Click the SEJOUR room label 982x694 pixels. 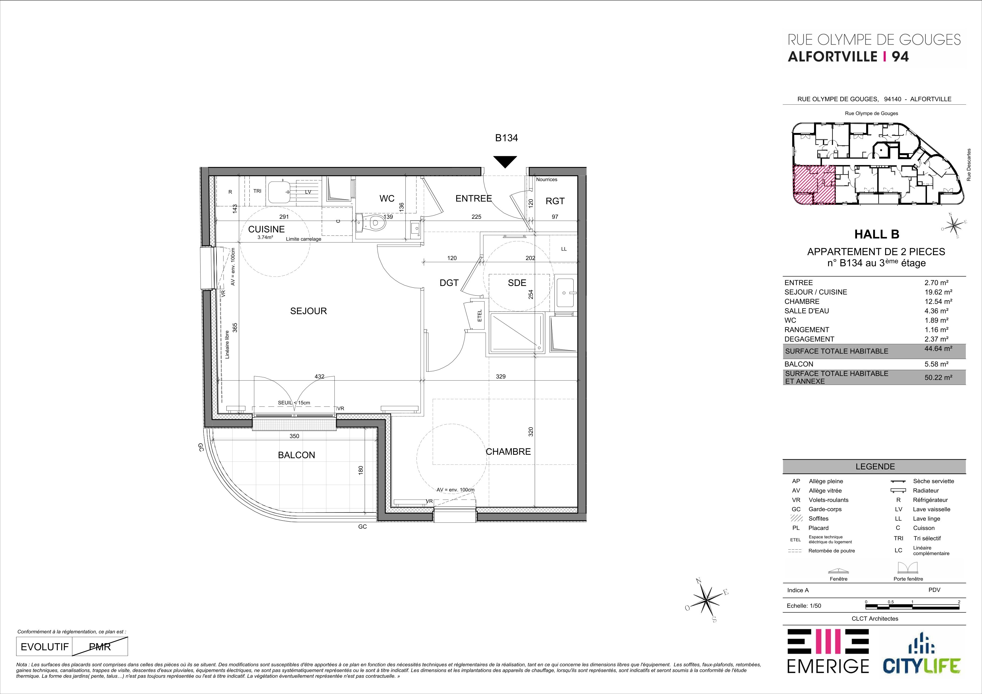tap(308, 311)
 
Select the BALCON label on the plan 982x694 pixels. tap(296, 455)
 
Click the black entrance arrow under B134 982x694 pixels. tap(505, 162)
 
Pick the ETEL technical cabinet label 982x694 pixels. tap(479, 316)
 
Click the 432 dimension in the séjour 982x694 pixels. tap(320, 377)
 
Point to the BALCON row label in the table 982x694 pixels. tap(799, 364)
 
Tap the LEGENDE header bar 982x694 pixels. tap(874, 467)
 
